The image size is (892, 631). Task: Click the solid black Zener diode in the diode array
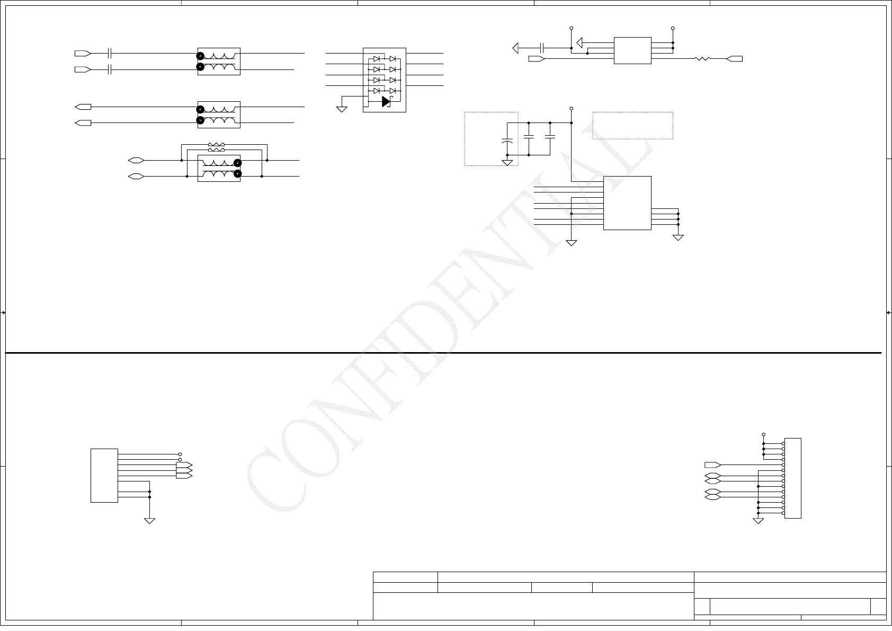(x=386, y=101)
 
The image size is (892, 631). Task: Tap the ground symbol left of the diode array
(x=342, y=109)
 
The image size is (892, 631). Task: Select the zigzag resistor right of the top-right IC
(x=702, y=59)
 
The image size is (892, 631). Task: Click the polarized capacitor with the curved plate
(x=507, y=142)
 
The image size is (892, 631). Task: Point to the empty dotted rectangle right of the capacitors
(x=632, y=126)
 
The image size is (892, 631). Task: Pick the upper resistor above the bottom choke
(x=216, y=144)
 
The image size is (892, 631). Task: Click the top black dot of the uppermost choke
(x=200, y=56)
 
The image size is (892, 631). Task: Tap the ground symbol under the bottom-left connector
(x=150, y=520)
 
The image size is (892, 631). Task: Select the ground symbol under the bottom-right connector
(x=759, y=520)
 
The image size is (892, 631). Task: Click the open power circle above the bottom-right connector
(x=763, y=434)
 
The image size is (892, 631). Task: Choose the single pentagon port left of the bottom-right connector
(x=712, y=465)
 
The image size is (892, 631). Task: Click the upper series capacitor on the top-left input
(x=109, y=54)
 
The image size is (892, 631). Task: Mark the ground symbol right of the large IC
(x=678, y=238)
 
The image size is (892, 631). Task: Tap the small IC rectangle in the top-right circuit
(x=632, y=50)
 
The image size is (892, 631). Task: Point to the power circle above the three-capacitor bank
(x=571, y=109)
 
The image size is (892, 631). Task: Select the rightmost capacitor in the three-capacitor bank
(x=550, y=137)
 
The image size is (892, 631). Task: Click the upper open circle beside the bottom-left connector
(x=180, y=454)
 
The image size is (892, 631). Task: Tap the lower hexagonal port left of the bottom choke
(x=136, y=176)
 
